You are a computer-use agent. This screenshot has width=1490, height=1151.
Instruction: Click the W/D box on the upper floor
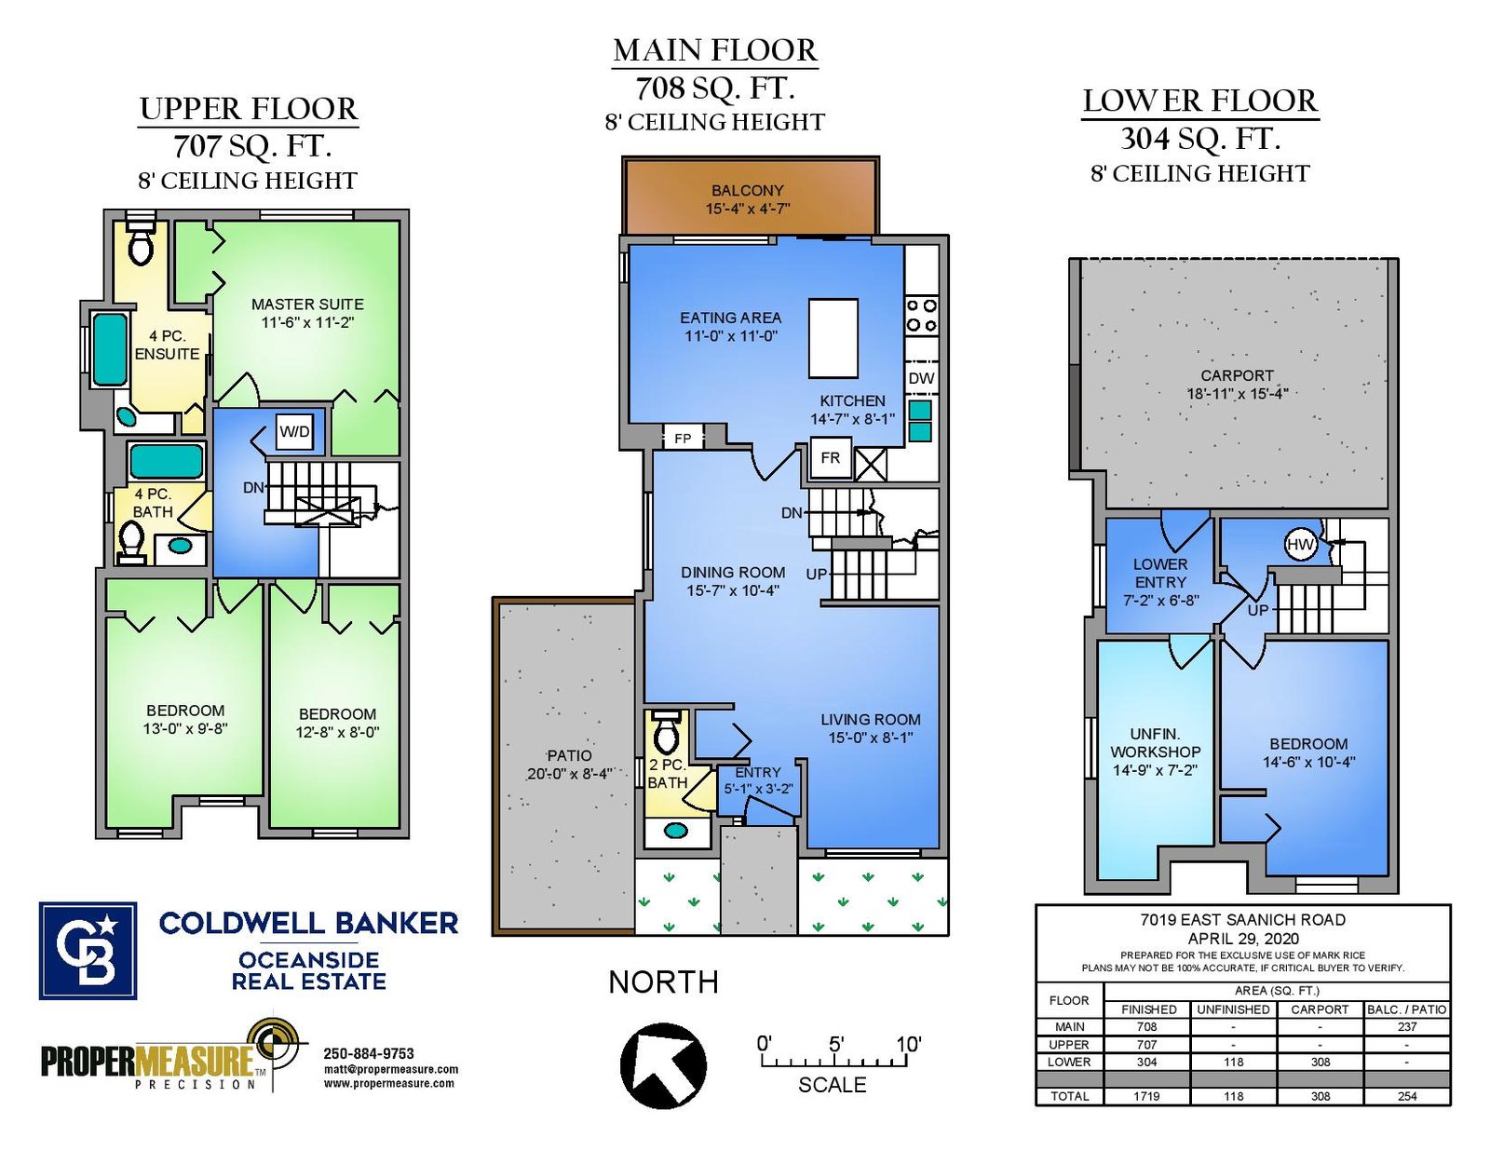click(294, 432)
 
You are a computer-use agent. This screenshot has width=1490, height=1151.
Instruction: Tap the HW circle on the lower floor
click(1300, 546)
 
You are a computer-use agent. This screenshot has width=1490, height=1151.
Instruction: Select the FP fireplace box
click(683, 438)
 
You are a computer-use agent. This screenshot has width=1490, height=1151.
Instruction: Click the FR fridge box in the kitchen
click(830, 458)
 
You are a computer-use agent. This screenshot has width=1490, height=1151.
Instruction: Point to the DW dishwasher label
click(922, 378)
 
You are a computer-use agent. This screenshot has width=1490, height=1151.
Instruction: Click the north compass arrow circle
click(663, 1064)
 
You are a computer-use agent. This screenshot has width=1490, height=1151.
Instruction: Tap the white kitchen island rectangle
click(833, 339)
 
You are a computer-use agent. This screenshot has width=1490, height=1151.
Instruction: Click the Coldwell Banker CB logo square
click(88, 951)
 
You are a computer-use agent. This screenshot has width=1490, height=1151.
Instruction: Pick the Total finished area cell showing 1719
click(1146, 1096)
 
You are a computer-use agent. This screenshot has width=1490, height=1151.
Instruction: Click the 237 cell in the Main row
click(1407, 1027)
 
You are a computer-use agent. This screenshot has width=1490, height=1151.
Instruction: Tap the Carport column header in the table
click(1320, 1009)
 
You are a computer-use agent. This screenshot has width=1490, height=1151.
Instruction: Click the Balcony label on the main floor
click(748, 191)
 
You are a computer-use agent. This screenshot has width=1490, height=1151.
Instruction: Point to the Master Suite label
click(307, 305)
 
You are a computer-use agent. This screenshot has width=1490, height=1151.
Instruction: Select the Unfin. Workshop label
click(1156, 743)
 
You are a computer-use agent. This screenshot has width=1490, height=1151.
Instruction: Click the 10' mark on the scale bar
click(909, 1044)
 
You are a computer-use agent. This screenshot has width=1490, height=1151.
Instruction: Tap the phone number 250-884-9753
click(369, 1053)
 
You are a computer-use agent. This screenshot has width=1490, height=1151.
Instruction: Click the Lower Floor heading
click(1200, 102)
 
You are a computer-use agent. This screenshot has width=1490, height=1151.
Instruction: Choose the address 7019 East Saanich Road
click(1242, 920)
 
